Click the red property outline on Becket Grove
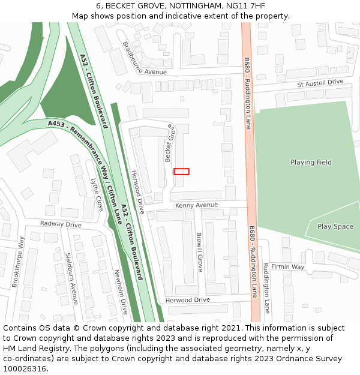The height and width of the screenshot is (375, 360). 181,172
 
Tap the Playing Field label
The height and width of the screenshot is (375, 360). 311,163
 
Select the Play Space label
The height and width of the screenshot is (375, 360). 335,227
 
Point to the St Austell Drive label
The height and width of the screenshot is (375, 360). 320,82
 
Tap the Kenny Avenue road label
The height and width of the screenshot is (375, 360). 196,205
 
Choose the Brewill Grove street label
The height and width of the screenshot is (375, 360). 199,252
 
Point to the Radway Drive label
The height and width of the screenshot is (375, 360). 61,224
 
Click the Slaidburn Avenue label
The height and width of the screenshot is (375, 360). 71,278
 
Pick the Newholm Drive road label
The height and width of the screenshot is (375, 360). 121,292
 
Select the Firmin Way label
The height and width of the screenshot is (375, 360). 287,266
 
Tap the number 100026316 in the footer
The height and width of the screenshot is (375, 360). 25,368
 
